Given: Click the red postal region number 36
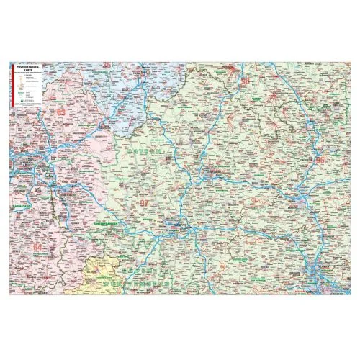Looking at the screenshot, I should pos(108,66).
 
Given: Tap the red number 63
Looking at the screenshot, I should pos(60,113).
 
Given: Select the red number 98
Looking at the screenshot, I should pos(246,81).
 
